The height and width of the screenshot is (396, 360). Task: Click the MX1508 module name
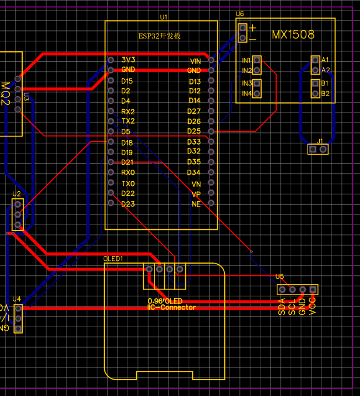tap(293, 35)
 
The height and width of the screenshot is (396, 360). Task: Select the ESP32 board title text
tap(160, 36)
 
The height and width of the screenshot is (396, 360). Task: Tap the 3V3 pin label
tap(128, 60)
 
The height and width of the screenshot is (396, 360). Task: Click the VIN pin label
tap(195, 61)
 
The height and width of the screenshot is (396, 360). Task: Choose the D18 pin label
tap(127, 143)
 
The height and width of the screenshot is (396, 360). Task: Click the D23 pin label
tap(128, 204)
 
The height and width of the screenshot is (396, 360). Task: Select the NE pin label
tap(196, 204)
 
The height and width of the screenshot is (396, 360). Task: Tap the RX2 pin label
tap(128, 111)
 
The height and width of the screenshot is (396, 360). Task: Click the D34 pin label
tap(193, 173)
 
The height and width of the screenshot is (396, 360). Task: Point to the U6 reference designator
tap(240, 14)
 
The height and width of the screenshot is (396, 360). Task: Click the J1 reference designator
tap(320, 142)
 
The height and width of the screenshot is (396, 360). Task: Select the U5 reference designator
tap(280, 276)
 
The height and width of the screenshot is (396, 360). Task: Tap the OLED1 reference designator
tap(113, 258)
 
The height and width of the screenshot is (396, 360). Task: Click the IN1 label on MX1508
tap(247, 60)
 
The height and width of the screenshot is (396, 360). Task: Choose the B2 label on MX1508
tap(325, 93)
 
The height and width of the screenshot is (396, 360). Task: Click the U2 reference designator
tap(16, 194)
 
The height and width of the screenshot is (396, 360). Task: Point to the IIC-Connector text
tap(172, 307)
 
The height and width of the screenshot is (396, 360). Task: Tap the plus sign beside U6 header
tap(253, 28)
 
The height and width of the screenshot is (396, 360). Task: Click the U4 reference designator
tap(16, 299)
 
